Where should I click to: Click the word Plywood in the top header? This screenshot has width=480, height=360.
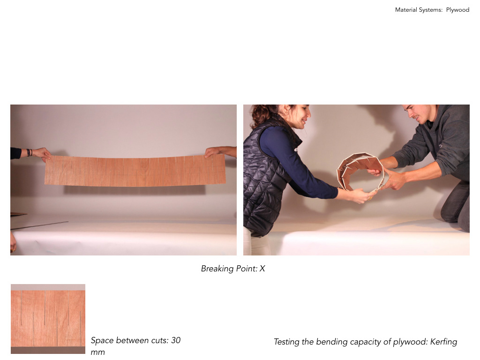457,10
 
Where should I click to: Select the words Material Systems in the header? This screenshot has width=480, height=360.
419,10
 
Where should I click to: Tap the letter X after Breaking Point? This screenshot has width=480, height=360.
262,269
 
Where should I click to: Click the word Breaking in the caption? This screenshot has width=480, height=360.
217,269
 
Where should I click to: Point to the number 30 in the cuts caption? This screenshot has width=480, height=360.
176,340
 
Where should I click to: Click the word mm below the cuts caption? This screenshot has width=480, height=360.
97,352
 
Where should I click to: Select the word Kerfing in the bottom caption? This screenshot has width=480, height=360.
443,342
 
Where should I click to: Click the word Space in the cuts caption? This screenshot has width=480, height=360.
102,340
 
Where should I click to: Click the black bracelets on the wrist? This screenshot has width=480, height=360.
29,152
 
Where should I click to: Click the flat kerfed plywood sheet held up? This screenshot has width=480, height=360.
135,171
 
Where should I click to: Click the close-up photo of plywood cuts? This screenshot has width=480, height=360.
48,319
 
